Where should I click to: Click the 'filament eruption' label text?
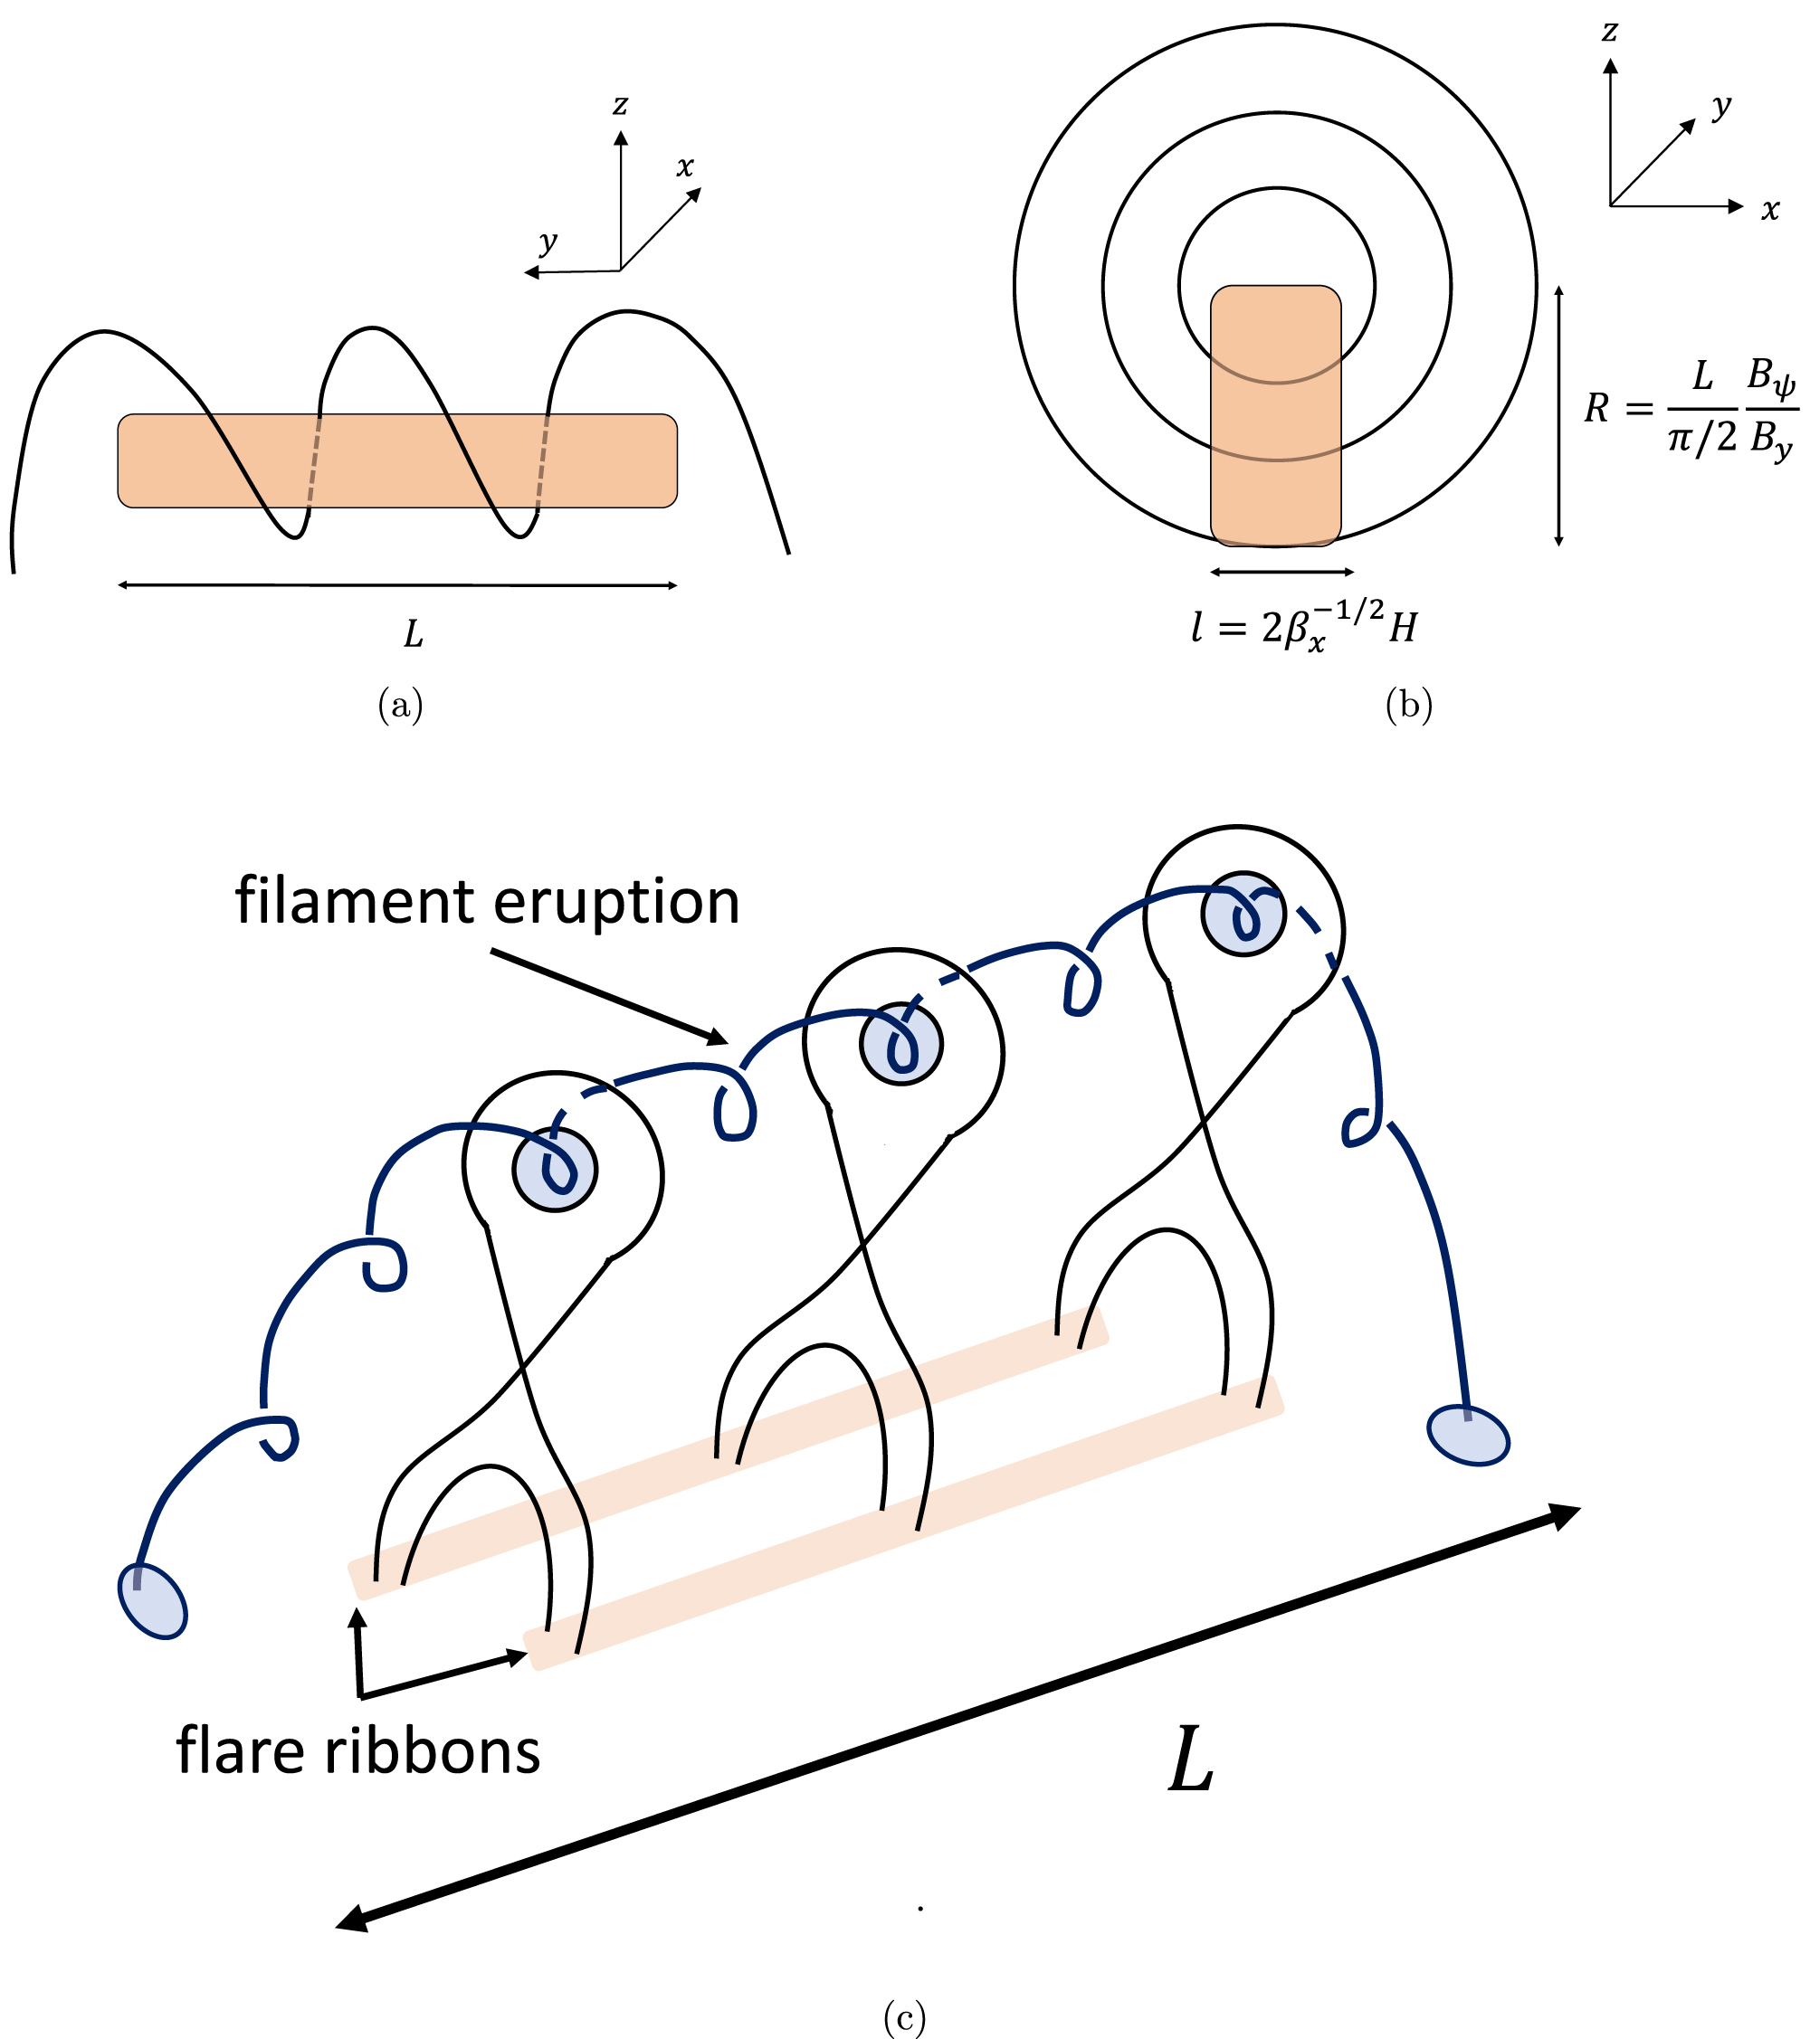point(487,902)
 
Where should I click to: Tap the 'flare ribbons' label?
point(358,1750)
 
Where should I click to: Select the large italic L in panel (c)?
point(1191,1761)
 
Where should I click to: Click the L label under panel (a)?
point(413,633)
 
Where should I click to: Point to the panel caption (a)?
point(400,707)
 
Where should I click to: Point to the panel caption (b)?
point(1409,707)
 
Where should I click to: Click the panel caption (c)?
point(904,2018)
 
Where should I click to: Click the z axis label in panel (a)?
point(621,105)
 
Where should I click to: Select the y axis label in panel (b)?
point(1721,106)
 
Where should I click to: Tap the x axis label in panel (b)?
point(1770,210)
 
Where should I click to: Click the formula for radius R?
point(1691,409)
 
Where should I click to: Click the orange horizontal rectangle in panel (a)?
point(397,460)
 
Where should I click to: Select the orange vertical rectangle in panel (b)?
point(1275,416)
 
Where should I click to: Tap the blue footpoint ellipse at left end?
point(153,1601)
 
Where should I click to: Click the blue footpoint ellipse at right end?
point(1468,1436)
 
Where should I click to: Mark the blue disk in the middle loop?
point(901,1043)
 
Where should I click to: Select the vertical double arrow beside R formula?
point(1558,416)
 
